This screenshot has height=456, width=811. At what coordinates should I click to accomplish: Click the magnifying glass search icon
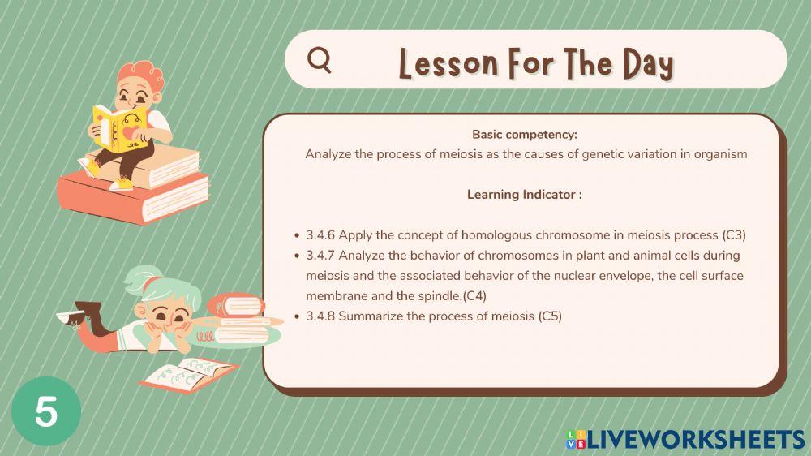[x=320, y=60]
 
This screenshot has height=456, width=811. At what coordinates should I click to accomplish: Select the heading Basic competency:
[x=525, y=135]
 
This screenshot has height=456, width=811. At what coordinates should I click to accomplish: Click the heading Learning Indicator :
[x=525, y=195]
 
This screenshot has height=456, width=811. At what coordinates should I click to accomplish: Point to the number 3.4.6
[x=320, y=235]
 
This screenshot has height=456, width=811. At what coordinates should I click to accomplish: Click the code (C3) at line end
[x=733, y=235]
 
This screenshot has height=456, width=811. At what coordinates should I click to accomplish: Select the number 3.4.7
[x=320, y=256]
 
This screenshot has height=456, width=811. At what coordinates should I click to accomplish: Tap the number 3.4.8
[x=320, y=316]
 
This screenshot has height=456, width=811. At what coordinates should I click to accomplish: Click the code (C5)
[x=550, y=316]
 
